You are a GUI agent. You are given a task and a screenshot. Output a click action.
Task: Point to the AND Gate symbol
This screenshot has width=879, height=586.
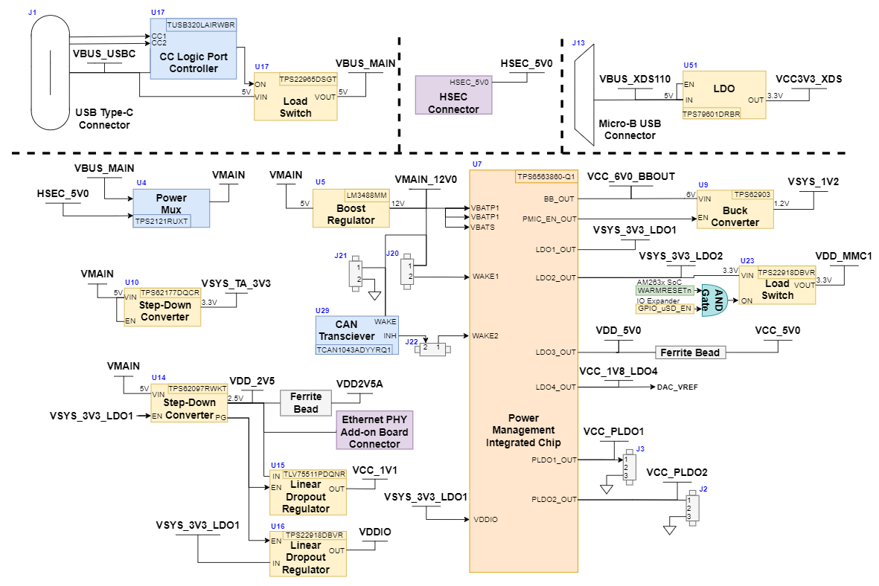[715, 300]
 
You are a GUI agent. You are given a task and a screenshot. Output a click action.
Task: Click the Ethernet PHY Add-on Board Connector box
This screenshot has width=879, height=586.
[374, 430]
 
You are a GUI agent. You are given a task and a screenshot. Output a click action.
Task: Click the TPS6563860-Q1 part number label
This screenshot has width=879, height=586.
[546, 177]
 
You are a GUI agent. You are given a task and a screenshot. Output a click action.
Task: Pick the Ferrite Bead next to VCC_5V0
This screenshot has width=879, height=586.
[690, 352]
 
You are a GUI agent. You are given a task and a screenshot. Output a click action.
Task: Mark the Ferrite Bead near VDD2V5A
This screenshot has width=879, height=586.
[305, 403]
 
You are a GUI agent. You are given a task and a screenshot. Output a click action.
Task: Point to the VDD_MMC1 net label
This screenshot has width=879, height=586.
[843, 256]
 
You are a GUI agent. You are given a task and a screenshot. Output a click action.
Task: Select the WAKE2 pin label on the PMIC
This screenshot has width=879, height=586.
[485, 335]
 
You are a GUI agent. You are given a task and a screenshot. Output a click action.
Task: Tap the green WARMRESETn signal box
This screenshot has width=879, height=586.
[665, 290]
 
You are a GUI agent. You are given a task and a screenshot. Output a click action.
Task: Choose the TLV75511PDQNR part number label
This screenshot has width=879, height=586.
[314, 474]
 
